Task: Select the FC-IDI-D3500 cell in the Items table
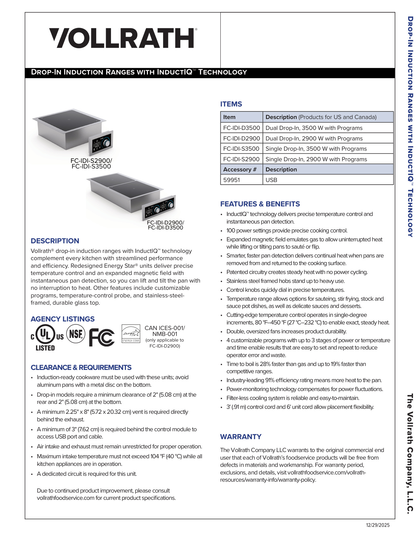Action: [241, 128]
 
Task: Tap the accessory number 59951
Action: [232, 180]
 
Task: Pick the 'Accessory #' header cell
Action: [239, 169]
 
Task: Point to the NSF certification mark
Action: [76, 334]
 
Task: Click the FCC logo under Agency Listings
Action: [102, 337]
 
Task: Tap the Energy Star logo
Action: [131, 334]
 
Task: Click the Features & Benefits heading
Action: [260, 204]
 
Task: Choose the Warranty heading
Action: [240, 437]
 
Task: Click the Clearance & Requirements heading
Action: [81, 367]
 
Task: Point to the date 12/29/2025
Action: [378, 525]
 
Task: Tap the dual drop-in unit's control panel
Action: [159, 208]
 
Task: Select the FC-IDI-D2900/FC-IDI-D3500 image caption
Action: [165, 225]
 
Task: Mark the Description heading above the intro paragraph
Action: [55, 241]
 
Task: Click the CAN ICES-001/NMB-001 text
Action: [165, 331]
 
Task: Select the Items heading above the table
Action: [231, 104]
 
